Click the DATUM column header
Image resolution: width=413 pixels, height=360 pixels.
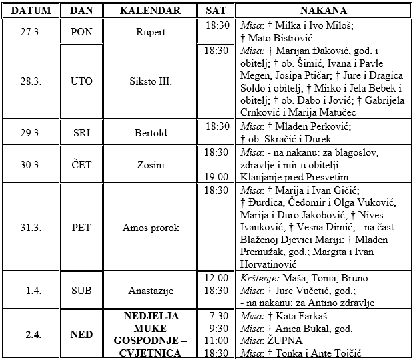click(30, 11)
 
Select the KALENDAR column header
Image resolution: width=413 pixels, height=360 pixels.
click(151, 11)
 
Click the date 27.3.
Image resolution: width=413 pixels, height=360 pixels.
click(30, 31)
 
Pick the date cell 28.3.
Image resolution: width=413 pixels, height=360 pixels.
click(30, 81)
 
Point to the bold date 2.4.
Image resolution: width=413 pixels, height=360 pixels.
click(30, 334)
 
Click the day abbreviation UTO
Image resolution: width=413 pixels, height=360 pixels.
click(81, 81)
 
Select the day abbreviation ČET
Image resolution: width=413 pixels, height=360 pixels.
click(81, 165)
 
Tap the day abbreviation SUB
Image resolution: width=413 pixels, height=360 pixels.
click(81, 291)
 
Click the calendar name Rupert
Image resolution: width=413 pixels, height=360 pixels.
click(151, 31)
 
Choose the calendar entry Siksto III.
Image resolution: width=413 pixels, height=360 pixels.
click(151, 81)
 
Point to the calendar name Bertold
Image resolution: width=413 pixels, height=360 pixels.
click(151, 132)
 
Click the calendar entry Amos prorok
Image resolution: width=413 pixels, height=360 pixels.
click(151, 228)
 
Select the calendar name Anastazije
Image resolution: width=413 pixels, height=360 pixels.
click(151, 291)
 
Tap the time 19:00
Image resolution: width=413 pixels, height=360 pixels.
click(216, 176)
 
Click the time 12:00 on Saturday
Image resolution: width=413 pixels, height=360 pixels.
click(216, 278)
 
